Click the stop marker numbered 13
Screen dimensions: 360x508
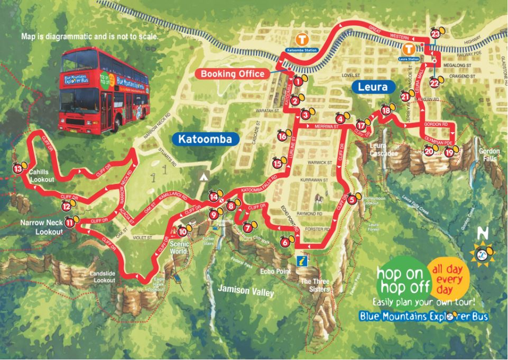(18, 169)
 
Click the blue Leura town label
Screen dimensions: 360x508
(373, 87)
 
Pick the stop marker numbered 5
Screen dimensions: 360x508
(352, 199)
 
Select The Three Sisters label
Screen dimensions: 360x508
(316, 285)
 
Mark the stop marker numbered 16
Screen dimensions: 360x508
(282, 136)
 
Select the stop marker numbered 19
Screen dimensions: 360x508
(449, 152)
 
